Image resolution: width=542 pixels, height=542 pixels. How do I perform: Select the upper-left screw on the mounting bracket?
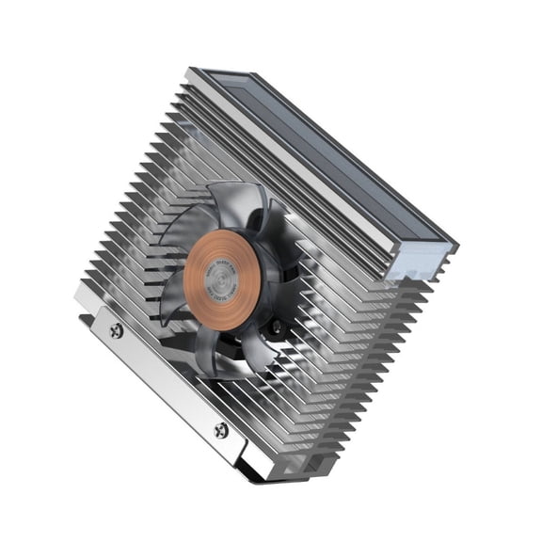[x=117, y=330]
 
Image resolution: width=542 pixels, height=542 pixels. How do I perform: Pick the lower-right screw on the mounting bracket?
[x=221, y=430]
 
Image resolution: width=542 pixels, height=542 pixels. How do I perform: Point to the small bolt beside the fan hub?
[x=277, y=327]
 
